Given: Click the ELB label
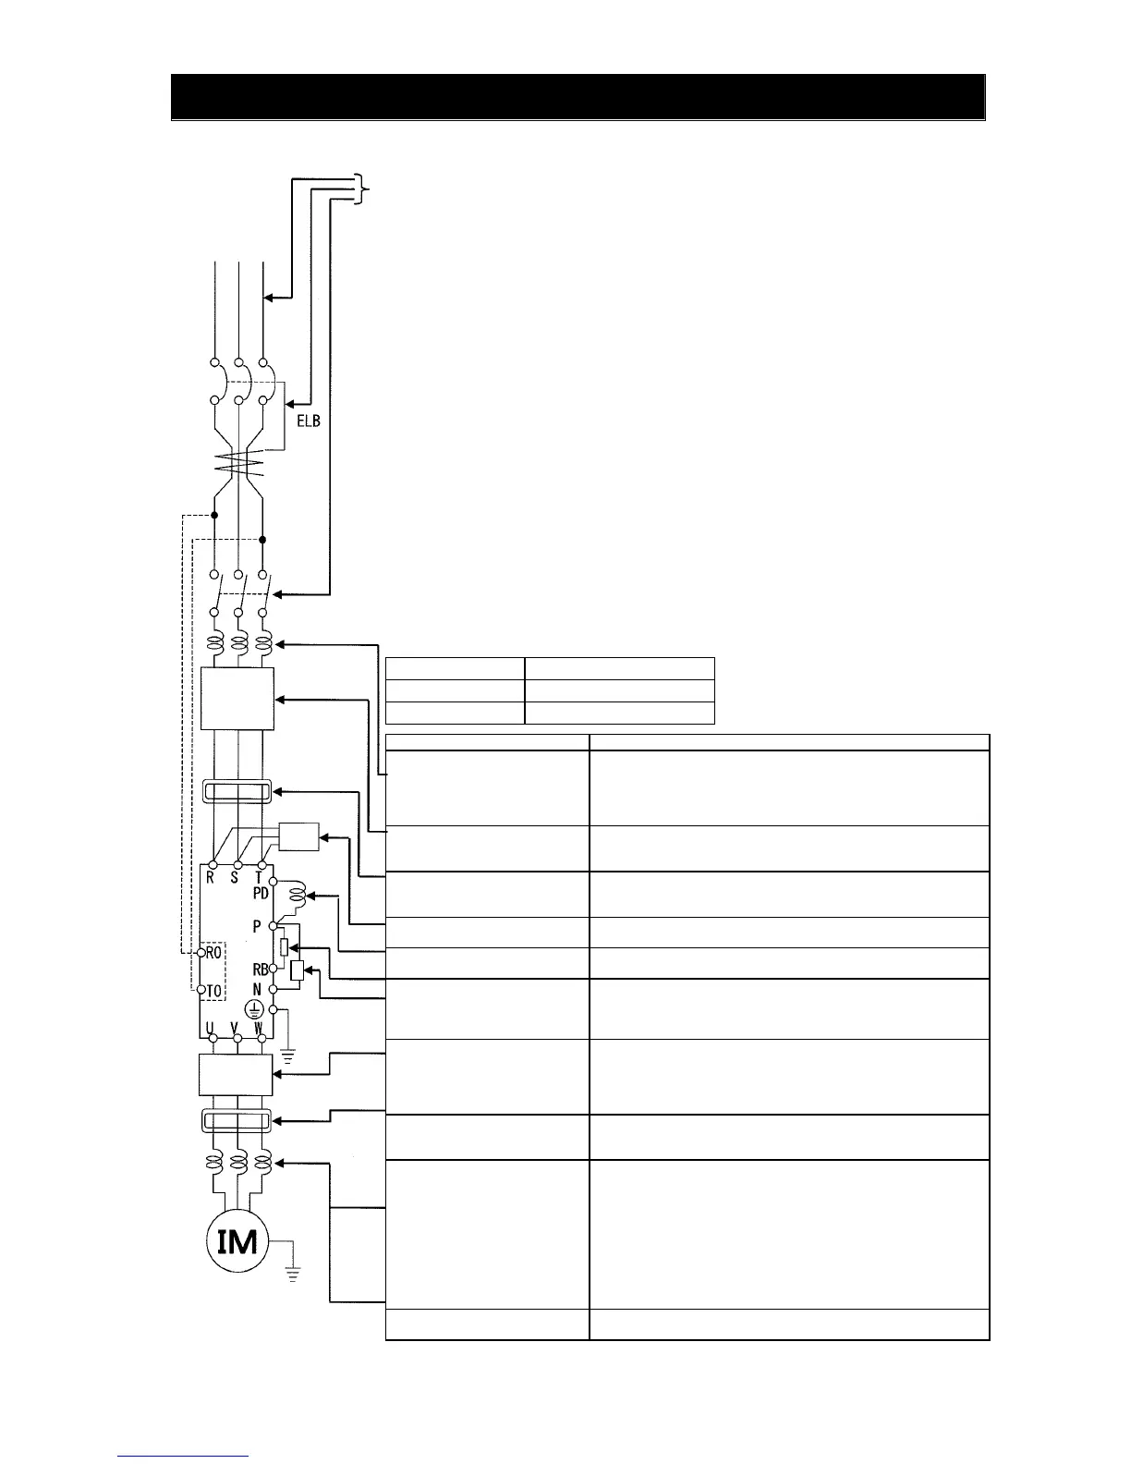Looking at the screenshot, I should click(x=308, y=422).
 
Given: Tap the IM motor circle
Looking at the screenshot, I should click(x=237, y=1241).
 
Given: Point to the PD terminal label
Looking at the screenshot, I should click(x=261, y=894).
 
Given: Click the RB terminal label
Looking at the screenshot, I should click(x=260, y=970).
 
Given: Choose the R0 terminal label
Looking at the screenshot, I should click(x=213, y=952).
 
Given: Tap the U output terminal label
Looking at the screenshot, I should click(x=211, y=1027).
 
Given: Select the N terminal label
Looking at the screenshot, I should click(x=258, y=989).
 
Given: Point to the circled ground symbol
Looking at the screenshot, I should click(x=252, y=1010).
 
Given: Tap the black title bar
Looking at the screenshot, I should click(x=578, y=97).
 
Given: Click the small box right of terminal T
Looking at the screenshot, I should click(x=298, y=836).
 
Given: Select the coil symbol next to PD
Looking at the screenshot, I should click(x=298, y=896).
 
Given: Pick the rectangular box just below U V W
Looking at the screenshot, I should click(x=237, y=1076).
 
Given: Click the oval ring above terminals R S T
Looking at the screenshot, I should click(x=237, y=792).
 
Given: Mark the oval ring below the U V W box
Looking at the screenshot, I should click(x=237, y=1122).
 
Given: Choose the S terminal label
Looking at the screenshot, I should click(x=235, y=878).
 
